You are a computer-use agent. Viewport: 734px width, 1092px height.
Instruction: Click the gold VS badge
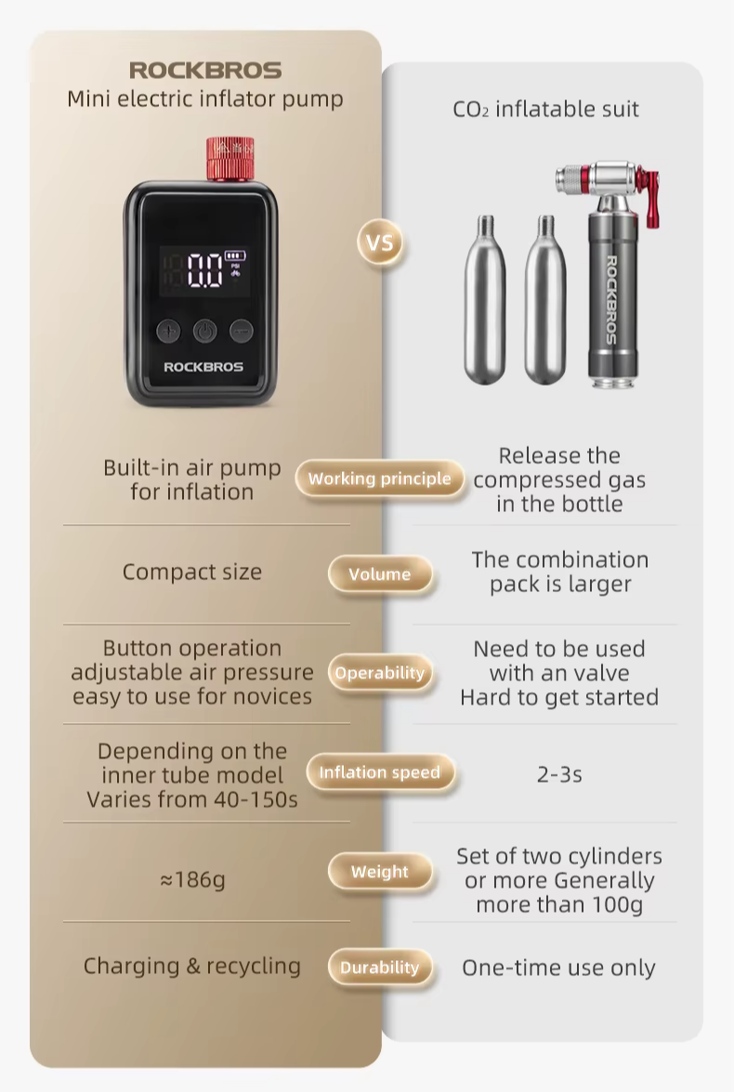(x=379, y=243)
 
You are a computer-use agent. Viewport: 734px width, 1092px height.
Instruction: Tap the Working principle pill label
(x=379, y=479)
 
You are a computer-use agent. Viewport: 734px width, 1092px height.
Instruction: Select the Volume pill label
(x=379, y=573)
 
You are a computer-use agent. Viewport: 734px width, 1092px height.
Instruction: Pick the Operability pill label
(x=379, y=673)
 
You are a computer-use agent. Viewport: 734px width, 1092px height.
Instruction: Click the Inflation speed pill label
(x=379, y=771)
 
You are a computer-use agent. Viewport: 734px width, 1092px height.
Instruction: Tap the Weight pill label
(x=379, y=871)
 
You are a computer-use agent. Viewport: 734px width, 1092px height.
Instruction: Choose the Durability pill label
(x=379, y=967)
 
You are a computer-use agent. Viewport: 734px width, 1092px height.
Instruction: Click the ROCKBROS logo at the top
(x=205, y=71)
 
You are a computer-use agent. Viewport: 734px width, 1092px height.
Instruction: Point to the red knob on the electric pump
(x=229, y=157)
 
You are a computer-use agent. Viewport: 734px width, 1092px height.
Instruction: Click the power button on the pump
(x=204, y=331)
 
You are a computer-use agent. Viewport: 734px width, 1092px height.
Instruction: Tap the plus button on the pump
(x=168, y=331)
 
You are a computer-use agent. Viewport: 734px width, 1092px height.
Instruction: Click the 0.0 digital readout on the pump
(x=204, y=270)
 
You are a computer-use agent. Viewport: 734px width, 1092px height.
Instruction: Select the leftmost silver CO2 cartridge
(x=485, y=300)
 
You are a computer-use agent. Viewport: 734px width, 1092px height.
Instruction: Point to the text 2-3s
(x=559, y=774)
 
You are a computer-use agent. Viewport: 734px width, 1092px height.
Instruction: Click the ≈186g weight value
(x=192, y=879)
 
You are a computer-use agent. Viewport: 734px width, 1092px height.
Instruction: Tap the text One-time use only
(x=558, y=967)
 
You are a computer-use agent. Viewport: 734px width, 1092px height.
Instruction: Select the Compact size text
(x=192, y=572)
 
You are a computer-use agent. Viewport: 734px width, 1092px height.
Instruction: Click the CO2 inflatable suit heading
(x=546, y=110)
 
